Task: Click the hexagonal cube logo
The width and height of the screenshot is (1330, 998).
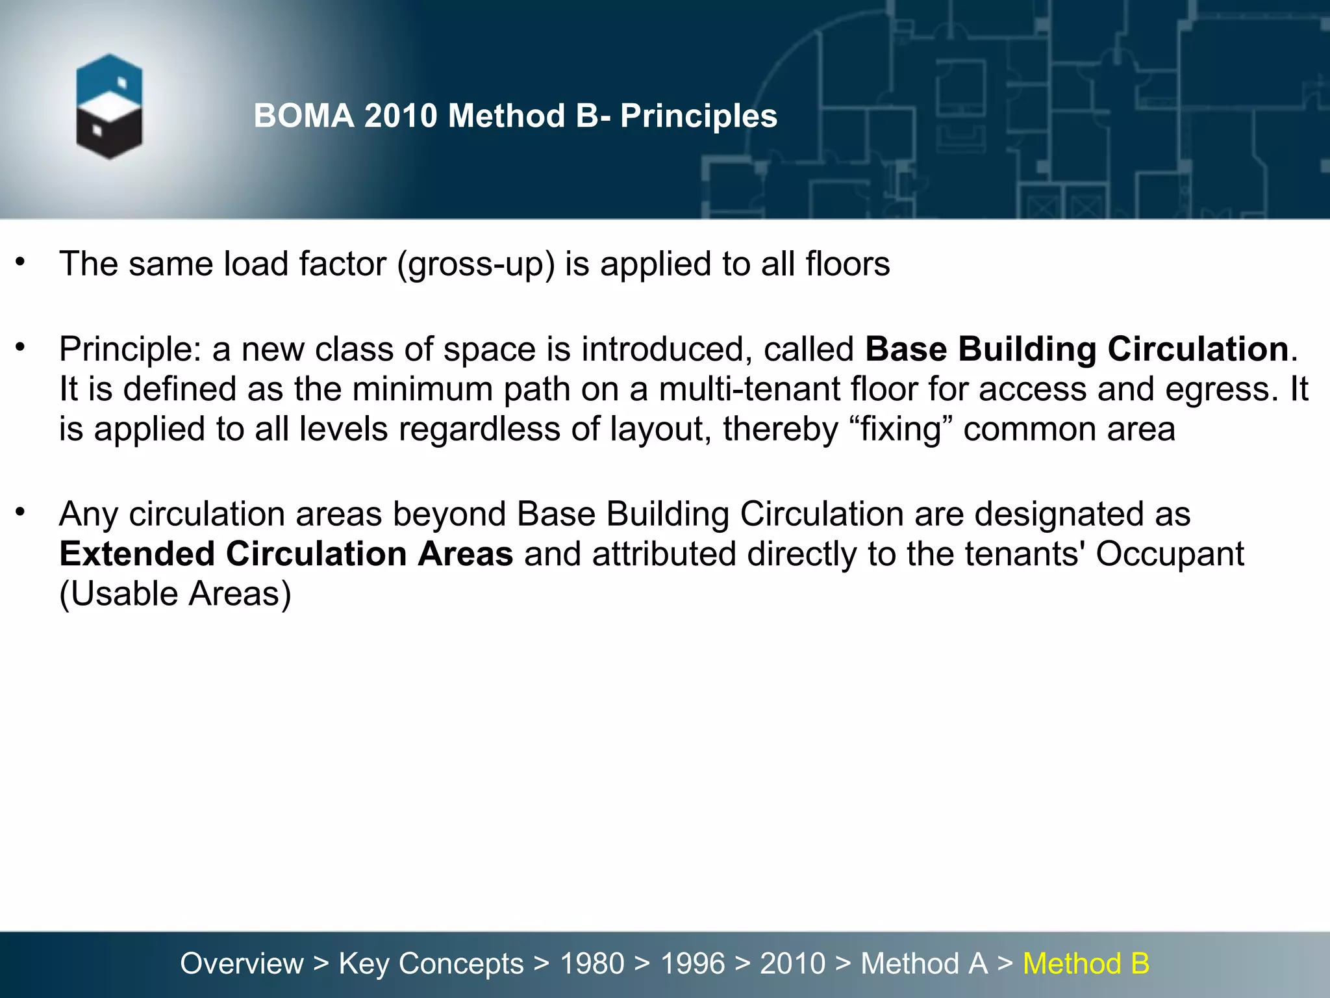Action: pos(109,106)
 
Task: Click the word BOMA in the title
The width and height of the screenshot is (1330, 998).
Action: pos(304,116)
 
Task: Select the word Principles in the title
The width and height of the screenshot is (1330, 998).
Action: pos(698,116)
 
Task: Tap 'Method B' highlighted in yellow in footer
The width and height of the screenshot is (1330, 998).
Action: pos(1086,964)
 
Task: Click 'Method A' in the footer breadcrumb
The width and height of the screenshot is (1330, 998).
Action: pos(923,964)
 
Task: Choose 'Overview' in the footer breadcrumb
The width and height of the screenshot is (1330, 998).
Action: pos(242,964)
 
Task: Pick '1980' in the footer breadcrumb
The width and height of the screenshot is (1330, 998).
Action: pos(592,964)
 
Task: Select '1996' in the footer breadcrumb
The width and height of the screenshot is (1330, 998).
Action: pos(692,964)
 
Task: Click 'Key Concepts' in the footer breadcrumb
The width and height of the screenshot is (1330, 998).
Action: pos(431,964)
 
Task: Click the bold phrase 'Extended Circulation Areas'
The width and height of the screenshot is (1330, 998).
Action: pos(286,554)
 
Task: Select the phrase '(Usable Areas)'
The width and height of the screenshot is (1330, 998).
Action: pos(175,594)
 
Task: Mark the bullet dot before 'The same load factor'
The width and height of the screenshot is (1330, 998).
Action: pos(21,262)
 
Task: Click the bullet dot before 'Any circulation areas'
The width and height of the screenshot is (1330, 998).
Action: pos(21,512)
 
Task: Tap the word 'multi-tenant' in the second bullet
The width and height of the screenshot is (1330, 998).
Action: pos(749,389)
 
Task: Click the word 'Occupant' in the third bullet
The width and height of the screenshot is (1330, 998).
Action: pos(1170,554)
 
